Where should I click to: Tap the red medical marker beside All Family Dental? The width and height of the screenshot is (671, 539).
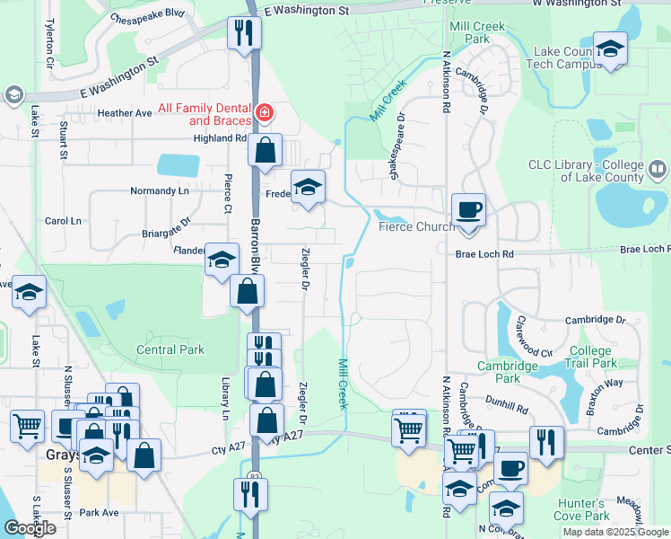point(264,113)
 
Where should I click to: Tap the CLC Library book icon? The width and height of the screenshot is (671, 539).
point(658,169)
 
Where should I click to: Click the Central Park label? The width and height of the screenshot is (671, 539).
point(170,349)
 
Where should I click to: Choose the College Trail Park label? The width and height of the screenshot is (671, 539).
point(591,357)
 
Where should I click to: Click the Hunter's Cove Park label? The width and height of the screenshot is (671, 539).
point(582,508)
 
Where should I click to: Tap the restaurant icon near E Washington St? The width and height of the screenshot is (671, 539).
point(243,34)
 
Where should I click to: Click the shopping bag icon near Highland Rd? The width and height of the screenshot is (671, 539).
point(266,150)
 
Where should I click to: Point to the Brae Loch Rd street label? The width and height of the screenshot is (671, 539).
point(484,254)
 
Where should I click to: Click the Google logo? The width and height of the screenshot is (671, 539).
point(30,527)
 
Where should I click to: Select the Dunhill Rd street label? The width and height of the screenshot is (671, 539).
point(509,407)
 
